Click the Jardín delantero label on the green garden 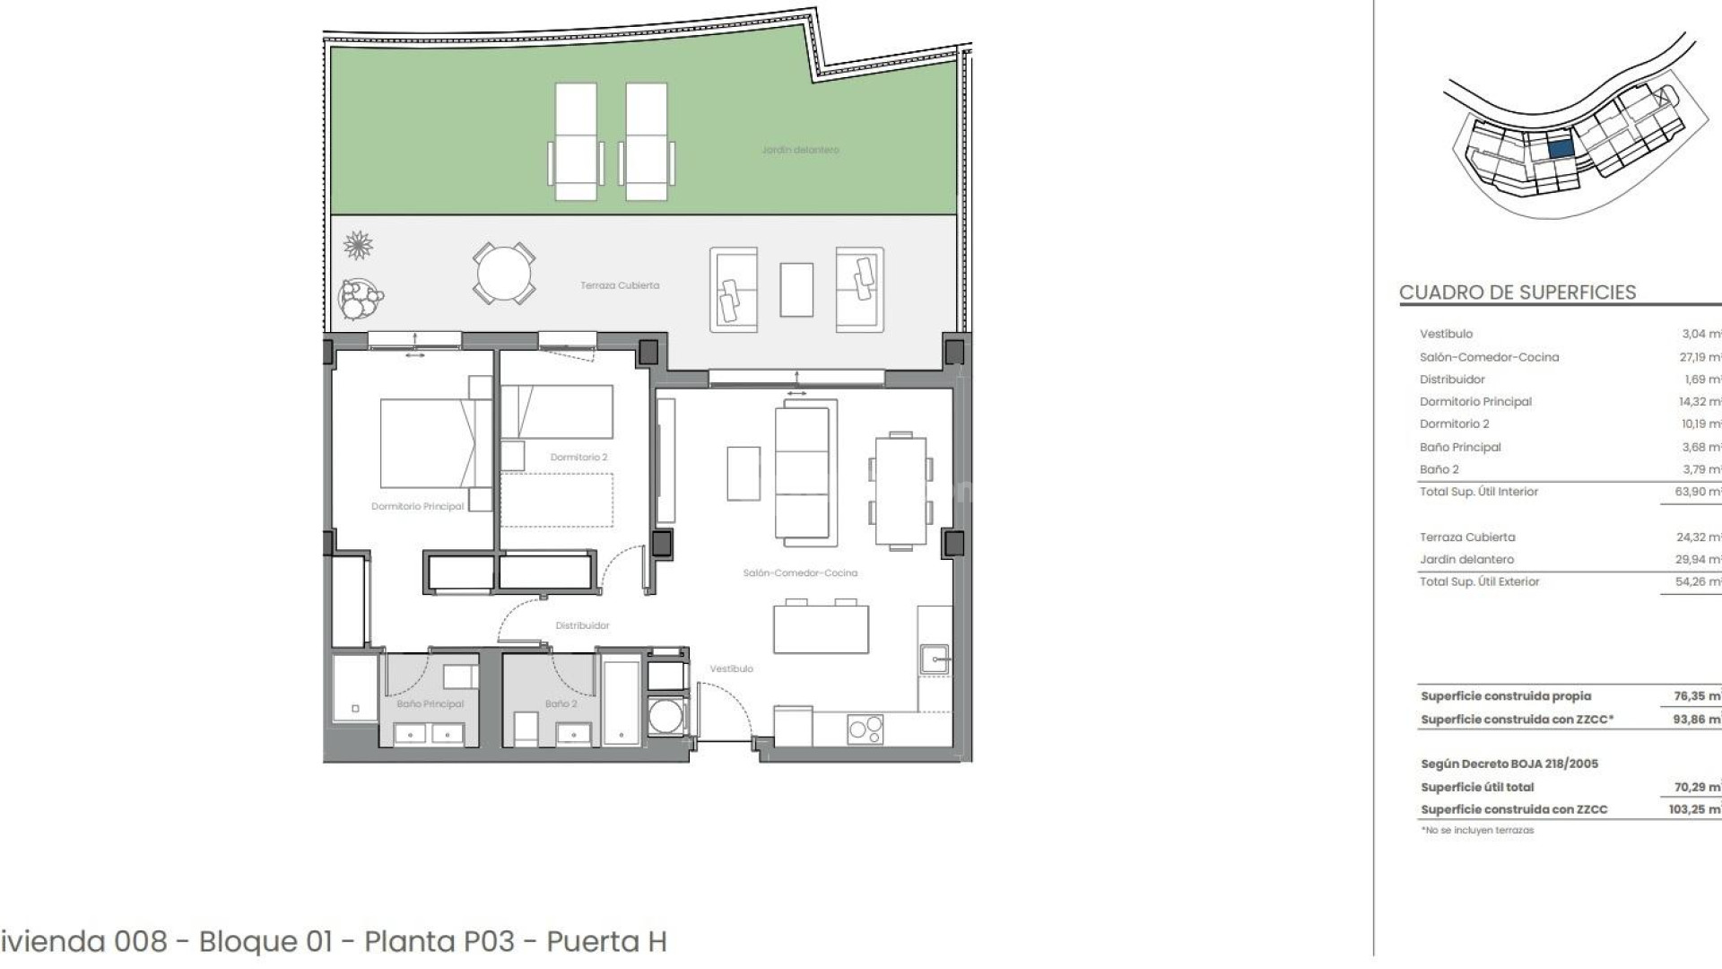coord(800,150)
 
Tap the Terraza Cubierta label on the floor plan coord(620,285)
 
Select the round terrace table coord(504,273)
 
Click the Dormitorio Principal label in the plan coord(418,506)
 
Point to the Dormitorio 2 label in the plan coord(578,458)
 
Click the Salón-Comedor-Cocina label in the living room coord(800,572)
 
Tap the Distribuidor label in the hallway coord(582,625)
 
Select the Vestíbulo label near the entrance coord(731,668)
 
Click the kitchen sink coord(935,659)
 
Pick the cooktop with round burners coord(865,729)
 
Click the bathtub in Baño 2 coord(622,703)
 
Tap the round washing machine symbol coord(665,718)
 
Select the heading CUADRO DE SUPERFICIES coord(1518,292)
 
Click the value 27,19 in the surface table coord(1697,357)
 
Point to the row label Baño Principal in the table coord(1460,447)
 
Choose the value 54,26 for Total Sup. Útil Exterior coord(1697,581)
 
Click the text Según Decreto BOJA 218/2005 coord(1509,764)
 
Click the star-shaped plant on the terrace coord(359,245)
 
